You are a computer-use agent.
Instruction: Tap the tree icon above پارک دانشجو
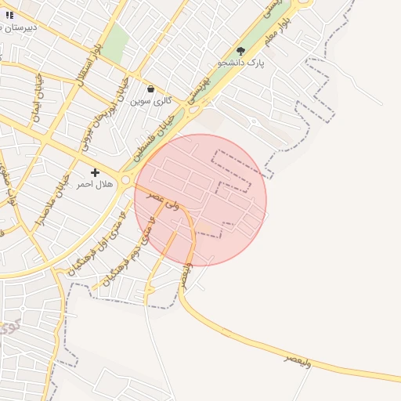coord(240,49)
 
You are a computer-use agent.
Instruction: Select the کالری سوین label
coord(150,101)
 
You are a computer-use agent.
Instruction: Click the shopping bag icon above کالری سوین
coord(150,89)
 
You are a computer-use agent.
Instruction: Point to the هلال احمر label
coord(95,184)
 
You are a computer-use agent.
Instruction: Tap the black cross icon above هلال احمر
coord(95,172)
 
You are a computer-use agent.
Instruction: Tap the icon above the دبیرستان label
coord(9,15)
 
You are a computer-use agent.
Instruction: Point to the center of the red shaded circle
coord(200,200)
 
